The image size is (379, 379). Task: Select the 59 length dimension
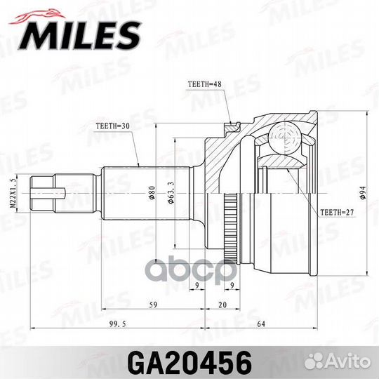152,305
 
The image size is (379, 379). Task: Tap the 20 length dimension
222,305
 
